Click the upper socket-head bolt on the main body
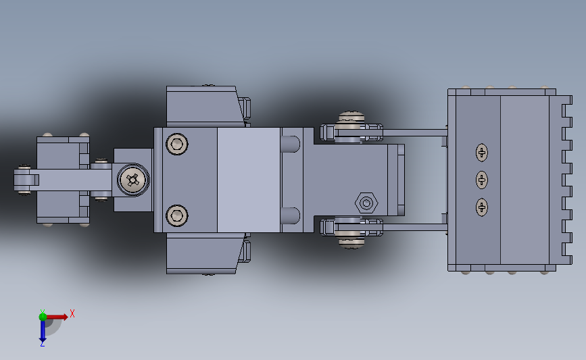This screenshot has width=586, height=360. pos(177,144)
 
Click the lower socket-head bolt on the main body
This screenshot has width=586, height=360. pos(177,215)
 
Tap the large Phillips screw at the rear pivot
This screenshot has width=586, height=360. pos(133,180)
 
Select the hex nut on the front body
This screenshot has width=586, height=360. pos(366,203)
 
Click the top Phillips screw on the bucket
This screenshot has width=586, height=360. pos(482,153)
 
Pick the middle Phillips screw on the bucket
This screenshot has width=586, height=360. pos(482,180)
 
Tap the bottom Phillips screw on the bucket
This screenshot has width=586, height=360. pos(482,207)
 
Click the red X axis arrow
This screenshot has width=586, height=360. pos(56,317)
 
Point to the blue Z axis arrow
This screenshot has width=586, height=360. pos(43,331)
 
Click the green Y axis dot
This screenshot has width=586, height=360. pos(43,317)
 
